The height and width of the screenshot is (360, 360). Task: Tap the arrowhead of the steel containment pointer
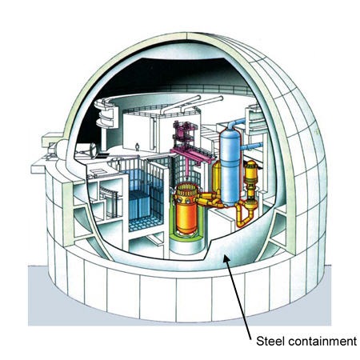226,258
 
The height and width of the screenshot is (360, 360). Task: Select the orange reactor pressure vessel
186,210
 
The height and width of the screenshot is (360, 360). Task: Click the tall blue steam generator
230,166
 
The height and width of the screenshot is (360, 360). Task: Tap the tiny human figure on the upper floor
137,147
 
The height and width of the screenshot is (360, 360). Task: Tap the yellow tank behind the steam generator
217,176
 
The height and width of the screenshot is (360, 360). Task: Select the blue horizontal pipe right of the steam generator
251,146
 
